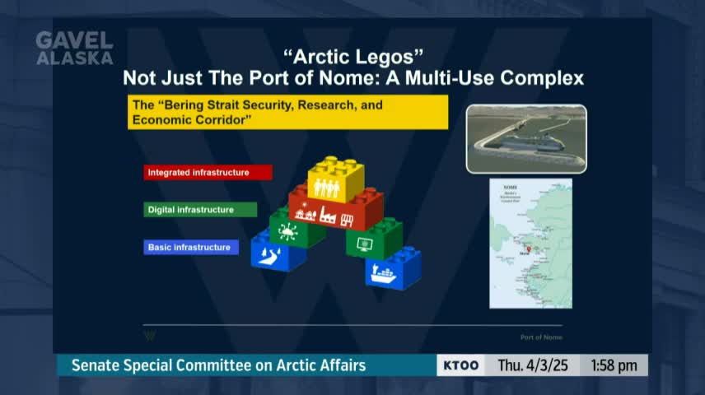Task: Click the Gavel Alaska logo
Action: click(74, 49)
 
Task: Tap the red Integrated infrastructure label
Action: click(208, 172)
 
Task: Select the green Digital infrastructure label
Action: click(200, 210)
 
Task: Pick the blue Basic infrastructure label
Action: click(191, 247)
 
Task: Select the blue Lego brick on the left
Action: click(278, 252)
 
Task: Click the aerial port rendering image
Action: click(526, 138)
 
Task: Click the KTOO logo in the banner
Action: click(461, 365)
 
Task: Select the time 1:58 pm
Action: click(614, 365)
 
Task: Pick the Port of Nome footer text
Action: click(541, 337)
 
